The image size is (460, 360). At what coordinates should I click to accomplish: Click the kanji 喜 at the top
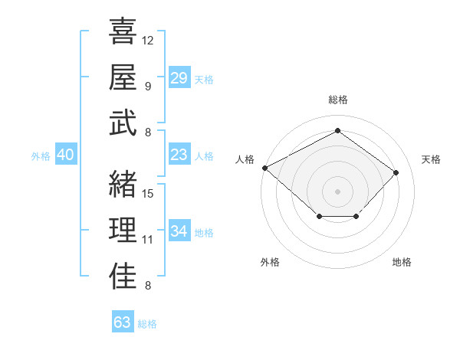tap(123, 33)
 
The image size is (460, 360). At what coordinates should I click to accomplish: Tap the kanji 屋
tap(123, 78)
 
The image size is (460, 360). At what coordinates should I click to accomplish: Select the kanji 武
tap(123, 123)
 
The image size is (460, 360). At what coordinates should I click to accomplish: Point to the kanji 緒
tap(123, 185)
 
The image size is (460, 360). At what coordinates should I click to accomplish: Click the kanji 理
tap(123, 230)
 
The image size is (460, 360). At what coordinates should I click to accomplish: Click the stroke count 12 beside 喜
tap(148, 39)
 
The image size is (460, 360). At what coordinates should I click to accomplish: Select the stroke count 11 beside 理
tap(148, 239)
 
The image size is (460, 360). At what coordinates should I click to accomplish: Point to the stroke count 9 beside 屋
tap(147, 86)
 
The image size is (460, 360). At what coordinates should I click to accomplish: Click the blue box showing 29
tap(179, 78)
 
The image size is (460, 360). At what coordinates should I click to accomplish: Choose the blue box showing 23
tap(179, 155)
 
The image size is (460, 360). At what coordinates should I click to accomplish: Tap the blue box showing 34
tap(179, 231)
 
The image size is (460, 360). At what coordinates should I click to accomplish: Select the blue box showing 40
tap(65, 155)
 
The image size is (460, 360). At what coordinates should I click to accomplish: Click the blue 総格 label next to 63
tap(147, 324)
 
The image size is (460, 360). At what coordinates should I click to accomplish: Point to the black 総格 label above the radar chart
tap(337, 100)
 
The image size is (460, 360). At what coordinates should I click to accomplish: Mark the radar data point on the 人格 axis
tap(264, 168)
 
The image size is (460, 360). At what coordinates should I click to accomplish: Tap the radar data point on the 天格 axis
tap(396, 172)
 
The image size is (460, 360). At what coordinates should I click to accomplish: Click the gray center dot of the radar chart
tap(337, 191)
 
